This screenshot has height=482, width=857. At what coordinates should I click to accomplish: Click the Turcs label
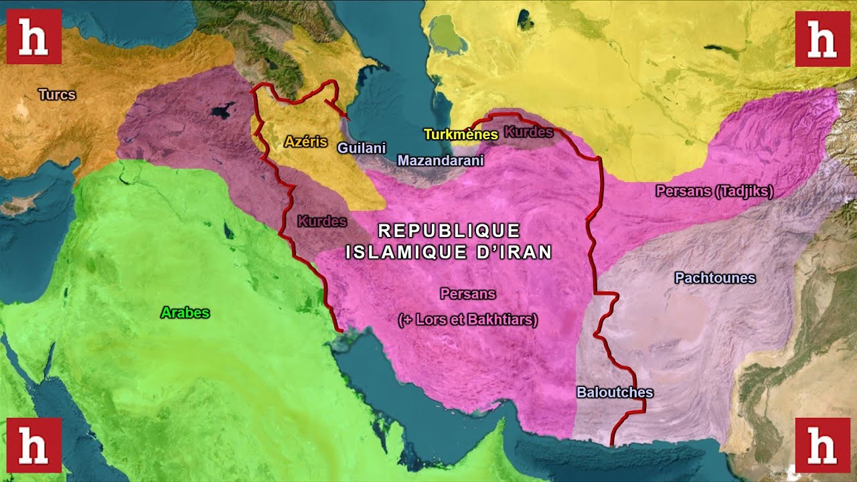[57, 94]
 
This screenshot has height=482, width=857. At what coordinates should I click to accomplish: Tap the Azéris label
[305, 141]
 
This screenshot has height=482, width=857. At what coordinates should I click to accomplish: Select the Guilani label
[361, 148]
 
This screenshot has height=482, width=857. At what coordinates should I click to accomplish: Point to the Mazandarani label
[440, 161]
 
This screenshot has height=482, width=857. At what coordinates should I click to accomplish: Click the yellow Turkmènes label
[461, 135]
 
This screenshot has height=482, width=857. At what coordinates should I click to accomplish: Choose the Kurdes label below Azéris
[322, 221]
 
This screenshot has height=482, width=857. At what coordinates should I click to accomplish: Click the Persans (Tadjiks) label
[714, 191]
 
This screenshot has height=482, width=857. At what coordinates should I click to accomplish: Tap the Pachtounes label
[715, 278]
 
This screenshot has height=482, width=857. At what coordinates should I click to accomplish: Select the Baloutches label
[615, 393]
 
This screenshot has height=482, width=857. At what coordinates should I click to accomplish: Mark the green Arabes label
[185, 313]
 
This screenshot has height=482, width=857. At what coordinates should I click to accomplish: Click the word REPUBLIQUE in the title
[449, 231]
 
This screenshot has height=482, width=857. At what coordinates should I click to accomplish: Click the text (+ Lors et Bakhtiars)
[468, 320]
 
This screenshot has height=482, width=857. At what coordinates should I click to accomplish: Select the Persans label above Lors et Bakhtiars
[468, 294]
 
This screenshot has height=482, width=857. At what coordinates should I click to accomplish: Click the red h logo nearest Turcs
[33, 37]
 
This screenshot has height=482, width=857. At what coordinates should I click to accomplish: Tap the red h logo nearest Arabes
[33, 445]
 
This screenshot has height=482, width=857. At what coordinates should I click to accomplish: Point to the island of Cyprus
[23, 204]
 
